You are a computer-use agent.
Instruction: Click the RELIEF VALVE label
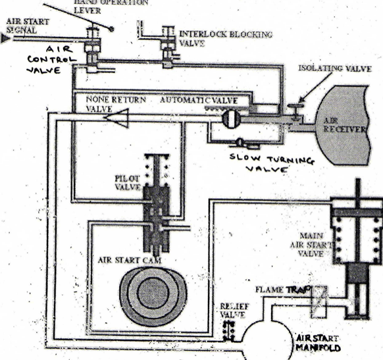[x=230, y=309]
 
